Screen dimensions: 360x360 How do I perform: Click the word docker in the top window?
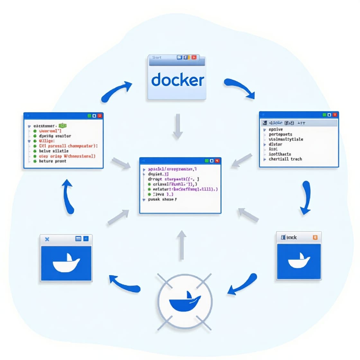(177, 80)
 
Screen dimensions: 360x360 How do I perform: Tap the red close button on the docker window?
(194, 57)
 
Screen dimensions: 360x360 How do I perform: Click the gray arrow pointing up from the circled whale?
(182, 245)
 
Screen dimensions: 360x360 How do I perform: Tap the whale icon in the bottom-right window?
(299, 261)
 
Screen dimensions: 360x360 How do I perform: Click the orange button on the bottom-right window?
(315, 237)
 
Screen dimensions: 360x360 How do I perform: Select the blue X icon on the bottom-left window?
(47, 239)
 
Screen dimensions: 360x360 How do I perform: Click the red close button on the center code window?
(217, 160)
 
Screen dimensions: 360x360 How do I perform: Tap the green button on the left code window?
(89, 116)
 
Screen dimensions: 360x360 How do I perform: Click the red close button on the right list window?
(335, 115)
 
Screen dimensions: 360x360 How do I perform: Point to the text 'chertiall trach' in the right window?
(285, 159)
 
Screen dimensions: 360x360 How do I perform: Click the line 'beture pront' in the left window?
(52, 161)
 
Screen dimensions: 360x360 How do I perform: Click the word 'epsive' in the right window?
(276, 129)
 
